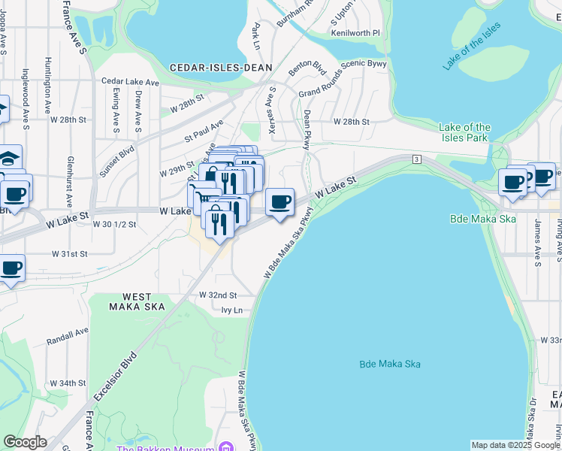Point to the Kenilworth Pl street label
point(355,34)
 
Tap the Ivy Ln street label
point(232,310)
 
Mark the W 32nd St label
point(217,295)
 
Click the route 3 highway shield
point(415,159)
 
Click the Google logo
point(25,442)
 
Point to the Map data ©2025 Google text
point(515,445)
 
